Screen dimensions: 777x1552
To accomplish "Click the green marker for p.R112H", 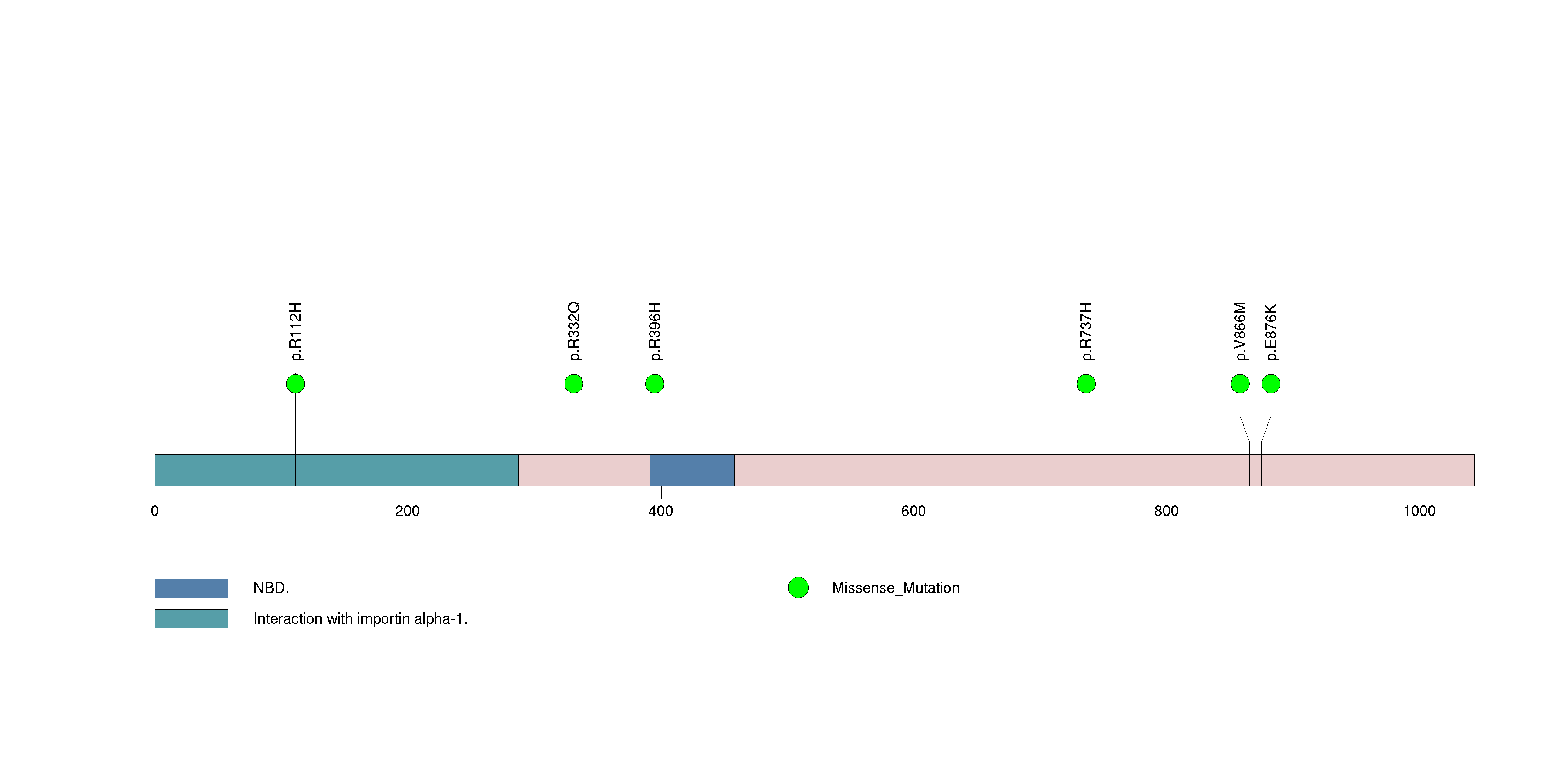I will tap(295, 384).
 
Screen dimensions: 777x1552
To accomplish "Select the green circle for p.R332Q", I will tap(574, 384).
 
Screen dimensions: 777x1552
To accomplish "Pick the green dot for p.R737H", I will tap(1086, 384).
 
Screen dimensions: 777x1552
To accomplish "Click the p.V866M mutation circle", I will tap(1240, 384).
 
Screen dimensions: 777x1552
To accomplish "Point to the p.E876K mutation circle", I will tap(1271, 384).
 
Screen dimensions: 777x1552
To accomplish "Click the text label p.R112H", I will tap(295, 332).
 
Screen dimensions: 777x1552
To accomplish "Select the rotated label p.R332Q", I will tap(574, 331).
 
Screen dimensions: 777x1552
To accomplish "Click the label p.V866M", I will tap(1240, 331).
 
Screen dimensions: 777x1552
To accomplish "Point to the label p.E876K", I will tap(1271, 332).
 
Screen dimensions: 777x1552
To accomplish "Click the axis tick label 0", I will tap(155, 511).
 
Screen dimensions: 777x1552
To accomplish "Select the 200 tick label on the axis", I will tap(407, 511).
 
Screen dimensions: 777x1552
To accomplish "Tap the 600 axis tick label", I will tap(913, 511).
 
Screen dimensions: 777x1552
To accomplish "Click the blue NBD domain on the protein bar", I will tap(693, 470).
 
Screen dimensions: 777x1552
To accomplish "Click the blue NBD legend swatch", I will tap(191, 588).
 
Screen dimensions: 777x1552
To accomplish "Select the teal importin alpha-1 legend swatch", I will tap(191, 618).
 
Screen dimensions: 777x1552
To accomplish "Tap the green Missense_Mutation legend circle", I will tap(798, 588).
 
